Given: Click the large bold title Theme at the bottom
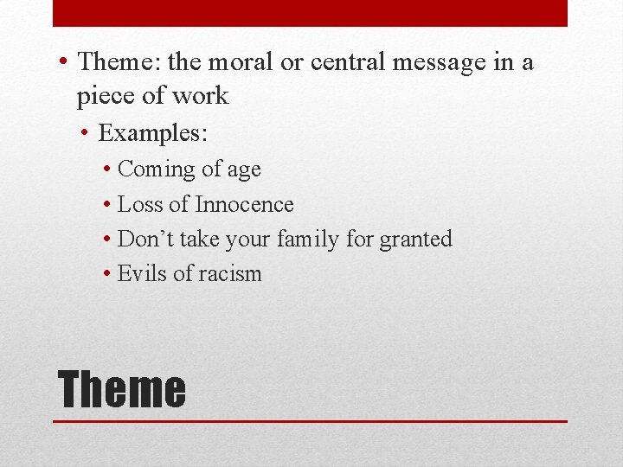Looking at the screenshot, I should [x=121, y=389].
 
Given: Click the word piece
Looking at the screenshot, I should [x=106, y=96].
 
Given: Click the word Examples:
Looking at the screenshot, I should [x=154, y=133].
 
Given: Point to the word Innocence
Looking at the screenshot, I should [x=245, y=205].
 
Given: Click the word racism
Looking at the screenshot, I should [x=229, y=274].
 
